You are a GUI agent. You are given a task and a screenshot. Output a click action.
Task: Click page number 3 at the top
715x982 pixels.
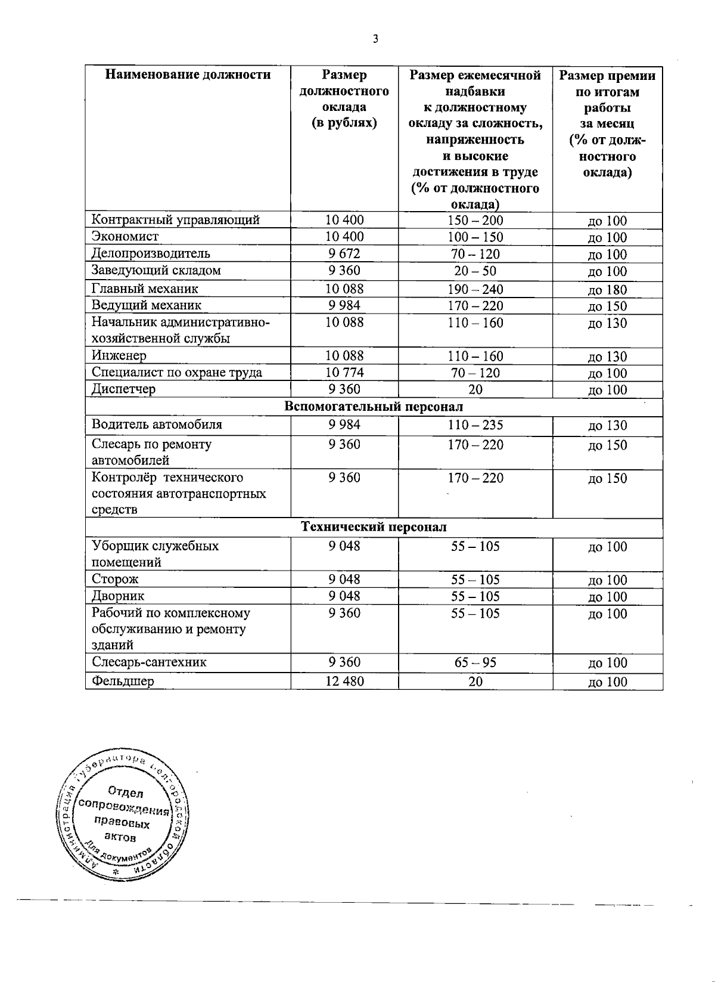click(x=375, y=39)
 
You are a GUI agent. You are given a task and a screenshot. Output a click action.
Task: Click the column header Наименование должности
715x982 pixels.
click(x=188, y=75)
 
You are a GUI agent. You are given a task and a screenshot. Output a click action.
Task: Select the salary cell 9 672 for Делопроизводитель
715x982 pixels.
click(x=344, y=253)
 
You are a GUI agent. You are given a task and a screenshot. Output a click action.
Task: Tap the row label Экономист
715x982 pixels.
click(x=125, y=237)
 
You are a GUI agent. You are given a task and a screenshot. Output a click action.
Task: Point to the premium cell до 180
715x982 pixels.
click(x=607, y=290)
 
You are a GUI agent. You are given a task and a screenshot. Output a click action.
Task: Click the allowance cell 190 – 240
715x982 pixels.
click(x=475, y=290)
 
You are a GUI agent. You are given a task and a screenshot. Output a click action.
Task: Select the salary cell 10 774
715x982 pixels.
click(x=344, y=373)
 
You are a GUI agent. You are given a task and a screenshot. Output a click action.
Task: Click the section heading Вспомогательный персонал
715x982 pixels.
click(x=374, y=407)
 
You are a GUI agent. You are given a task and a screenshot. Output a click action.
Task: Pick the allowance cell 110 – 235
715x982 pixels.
click(x=475, y=425)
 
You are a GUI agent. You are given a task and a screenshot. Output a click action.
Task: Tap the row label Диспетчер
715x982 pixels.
click(x=123, y=389)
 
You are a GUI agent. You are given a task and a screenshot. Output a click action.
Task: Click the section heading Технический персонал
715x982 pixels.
click(x=374, y=528)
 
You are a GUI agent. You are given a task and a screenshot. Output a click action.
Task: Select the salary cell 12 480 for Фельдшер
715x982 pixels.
click(x=344, y=681)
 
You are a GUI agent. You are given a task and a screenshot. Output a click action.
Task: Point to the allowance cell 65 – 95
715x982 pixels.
click(x=475, y=662)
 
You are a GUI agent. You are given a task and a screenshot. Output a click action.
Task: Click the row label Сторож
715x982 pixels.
click(x=115, y=579)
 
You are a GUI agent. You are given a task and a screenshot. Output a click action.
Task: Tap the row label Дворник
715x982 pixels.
click(x=118, y=596)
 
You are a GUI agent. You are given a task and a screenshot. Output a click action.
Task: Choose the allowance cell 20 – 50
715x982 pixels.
click(x=475, y=271)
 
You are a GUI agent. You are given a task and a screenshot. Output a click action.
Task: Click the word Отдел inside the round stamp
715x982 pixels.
click(x=126, y=793)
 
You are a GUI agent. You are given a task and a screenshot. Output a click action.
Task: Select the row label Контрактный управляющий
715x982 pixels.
click(x=175, y=220)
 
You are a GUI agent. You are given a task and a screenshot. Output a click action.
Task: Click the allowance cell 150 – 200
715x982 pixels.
click(x=475, y=220)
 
